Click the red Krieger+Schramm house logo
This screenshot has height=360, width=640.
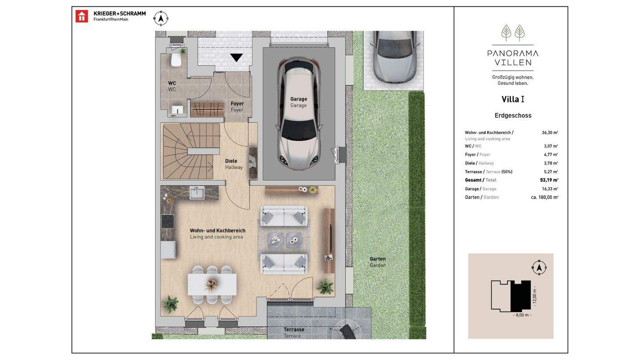point(82,16)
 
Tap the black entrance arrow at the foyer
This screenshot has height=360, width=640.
point(236,57)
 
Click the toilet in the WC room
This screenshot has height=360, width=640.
point(176,60)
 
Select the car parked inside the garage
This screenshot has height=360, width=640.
point(299,114)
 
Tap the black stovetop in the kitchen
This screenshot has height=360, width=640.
point(168,221)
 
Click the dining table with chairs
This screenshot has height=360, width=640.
point(212,284)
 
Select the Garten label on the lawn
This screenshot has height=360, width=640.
point(378,259)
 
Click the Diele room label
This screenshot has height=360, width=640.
point(231,161)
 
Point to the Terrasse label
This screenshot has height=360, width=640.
point(294,329)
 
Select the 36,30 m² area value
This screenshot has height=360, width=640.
point(550,132)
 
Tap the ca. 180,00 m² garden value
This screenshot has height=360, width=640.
point(544,197)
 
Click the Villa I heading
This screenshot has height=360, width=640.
point(513,99)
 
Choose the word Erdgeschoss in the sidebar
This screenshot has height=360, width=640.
point(513,116)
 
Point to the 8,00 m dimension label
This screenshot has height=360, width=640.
point(522,315)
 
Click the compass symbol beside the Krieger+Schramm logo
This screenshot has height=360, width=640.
point(161,18)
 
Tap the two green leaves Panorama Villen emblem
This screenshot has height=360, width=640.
point(513,32)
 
